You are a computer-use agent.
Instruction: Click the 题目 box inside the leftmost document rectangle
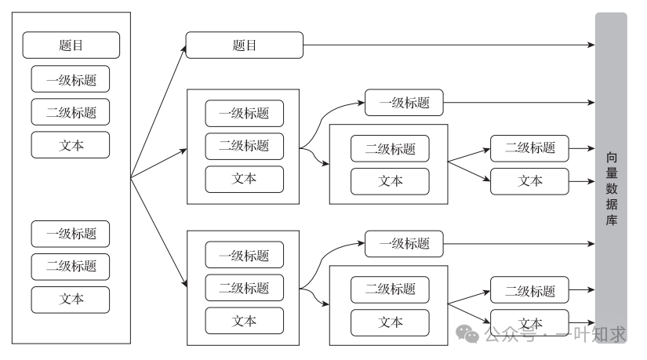point(71,45)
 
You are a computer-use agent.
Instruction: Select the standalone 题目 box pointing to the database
point(244,45)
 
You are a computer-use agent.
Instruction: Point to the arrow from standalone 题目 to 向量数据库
point(447,45)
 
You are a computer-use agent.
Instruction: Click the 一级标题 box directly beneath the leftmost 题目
point(71,79)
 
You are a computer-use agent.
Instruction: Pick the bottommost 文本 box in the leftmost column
point(71,299)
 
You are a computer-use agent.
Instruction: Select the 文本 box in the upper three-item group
point(244,178)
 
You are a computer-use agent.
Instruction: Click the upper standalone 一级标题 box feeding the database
point(404,102)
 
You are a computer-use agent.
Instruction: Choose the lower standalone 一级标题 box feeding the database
point(404,243)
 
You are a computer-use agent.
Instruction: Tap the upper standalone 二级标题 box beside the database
point(529,147)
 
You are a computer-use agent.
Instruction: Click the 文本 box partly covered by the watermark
point(529,322)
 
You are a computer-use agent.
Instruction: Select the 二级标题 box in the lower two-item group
point(390,289)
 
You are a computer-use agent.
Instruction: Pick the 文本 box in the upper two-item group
point(390,181)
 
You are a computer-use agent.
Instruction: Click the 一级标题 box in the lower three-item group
point(244,255)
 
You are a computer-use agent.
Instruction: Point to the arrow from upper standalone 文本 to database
point(581,181)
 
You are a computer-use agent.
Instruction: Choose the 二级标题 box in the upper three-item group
point(244,146)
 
